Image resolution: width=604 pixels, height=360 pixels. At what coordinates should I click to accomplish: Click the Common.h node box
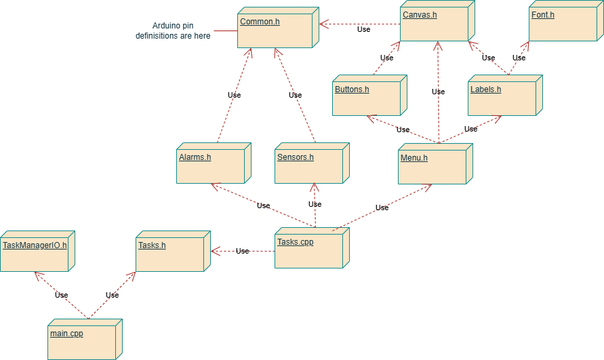click(275, 31)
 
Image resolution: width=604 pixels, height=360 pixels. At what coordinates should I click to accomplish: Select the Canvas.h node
click(434, 24)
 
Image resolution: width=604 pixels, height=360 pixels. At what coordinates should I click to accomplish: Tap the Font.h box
click(563, 24)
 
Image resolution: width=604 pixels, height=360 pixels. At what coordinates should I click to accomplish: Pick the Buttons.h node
click(367, 98)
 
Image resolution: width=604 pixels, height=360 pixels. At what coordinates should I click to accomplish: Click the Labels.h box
click(502, 98)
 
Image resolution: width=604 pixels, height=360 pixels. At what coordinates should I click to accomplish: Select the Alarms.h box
click(210, 165)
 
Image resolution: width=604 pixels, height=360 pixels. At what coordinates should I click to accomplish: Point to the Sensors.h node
click(309, 165)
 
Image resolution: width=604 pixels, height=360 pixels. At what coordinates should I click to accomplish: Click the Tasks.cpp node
click(309, 250)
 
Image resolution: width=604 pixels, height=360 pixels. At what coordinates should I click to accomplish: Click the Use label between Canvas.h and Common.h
click(364, 29)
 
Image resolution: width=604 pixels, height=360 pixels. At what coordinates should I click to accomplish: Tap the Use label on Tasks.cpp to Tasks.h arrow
click(242, 251)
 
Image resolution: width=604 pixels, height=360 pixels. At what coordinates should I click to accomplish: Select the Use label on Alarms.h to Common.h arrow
click(234, 95)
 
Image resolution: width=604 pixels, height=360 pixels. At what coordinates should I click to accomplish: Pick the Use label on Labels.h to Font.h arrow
click(519, 58)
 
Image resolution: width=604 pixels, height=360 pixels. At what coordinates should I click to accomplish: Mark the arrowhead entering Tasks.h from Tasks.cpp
click(214, 251)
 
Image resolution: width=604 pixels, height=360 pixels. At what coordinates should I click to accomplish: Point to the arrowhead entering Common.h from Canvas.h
click(323, 24)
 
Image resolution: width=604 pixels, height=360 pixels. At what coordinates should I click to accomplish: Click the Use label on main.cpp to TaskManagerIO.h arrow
click(61, 295)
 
